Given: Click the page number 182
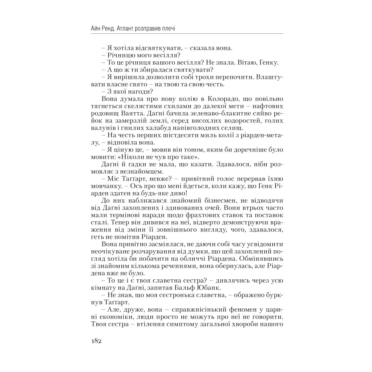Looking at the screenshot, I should coord(94,341).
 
